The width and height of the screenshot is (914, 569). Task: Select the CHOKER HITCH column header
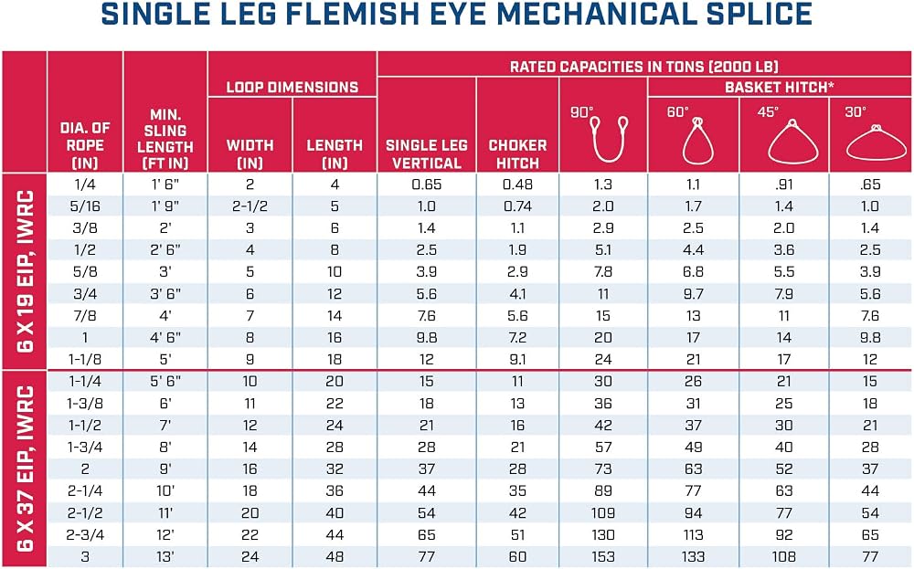(x=517, y=153)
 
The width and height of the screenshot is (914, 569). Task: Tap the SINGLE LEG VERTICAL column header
(x=427, y=153)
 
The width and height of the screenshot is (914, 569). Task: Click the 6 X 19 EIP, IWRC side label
(x=25, y=271)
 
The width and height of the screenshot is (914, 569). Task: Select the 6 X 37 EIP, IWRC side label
(x=25, y=469)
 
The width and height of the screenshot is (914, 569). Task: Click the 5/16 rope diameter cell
(x=85, y=206)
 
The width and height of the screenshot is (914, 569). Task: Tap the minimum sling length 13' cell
(x=165, y=557)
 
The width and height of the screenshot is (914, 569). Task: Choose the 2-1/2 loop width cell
(x=250, y=206)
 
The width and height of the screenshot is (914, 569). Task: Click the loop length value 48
(x=335, y=557)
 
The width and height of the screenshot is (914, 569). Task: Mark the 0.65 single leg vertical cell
(x=427, y=184)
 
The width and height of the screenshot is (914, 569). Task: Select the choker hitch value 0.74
(x=517, y=206)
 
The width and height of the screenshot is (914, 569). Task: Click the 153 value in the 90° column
(x=602, y=557)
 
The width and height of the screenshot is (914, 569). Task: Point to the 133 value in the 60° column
(x=693, y=557)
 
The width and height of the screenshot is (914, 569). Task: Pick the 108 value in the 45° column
(x=784, y=557)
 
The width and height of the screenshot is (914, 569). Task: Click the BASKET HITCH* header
(x=780, y=88)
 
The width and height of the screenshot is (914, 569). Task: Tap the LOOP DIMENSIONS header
(x=292, y=88)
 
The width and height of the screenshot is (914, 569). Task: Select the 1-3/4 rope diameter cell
(x=85, y=448)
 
